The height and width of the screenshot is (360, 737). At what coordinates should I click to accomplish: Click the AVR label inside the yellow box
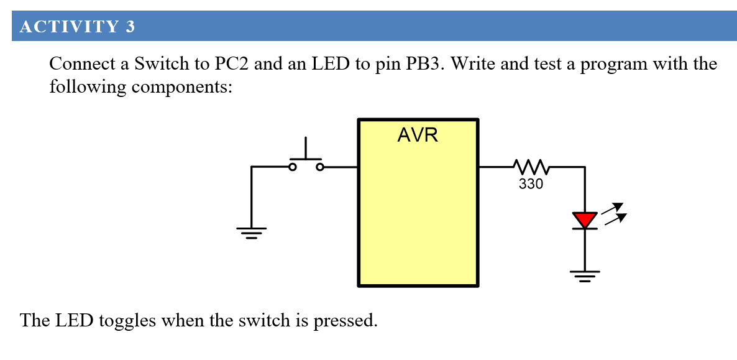coord(418,135)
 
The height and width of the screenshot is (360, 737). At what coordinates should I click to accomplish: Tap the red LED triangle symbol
coord(584,219)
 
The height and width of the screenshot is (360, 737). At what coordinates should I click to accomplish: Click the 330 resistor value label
coord(531,184)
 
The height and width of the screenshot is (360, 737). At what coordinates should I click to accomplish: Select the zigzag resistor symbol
coord(530,167)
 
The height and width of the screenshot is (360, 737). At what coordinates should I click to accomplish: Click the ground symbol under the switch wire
coord(251,233)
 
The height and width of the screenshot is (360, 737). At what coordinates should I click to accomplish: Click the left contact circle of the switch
coord(293,167)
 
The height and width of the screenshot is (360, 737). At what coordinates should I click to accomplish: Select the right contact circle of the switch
coord(319,167)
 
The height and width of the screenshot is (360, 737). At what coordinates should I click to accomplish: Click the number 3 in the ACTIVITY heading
coord(130,27)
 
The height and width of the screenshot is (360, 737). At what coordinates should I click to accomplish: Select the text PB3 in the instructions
coord(424,64)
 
